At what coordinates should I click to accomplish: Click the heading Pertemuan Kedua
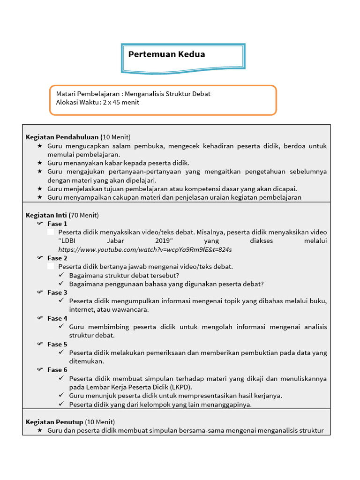[x=166, y=54]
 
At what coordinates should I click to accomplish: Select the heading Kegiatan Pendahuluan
[x=62, y=137]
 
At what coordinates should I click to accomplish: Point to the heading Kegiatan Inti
[x=46, y=215]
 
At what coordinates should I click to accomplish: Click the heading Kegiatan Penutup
[x=54, y=422]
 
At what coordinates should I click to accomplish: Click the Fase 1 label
[x=57, y=224]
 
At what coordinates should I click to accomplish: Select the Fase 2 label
[x=57, y=258]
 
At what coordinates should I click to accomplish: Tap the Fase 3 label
[x=57, y=292]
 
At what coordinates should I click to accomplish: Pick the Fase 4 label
[x=57, y=318]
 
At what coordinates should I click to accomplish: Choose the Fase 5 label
[x=57, y=344]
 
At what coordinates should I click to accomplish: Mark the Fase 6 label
[x=57, y=370]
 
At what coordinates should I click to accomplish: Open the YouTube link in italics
[x=145, y=249]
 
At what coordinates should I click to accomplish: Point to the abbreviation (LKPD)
[x=180, y=387]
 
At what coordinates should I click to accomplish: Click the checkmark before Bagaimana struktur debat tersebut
[x=61, y=275]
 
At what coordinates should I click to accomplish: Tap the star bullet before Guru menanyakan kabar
[x=40, y=163]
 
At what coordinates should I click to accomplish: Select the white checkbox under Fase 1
[x=51, y=232]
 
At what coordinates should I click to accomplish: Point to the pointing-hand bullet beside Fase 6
[x=40, y=370]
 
